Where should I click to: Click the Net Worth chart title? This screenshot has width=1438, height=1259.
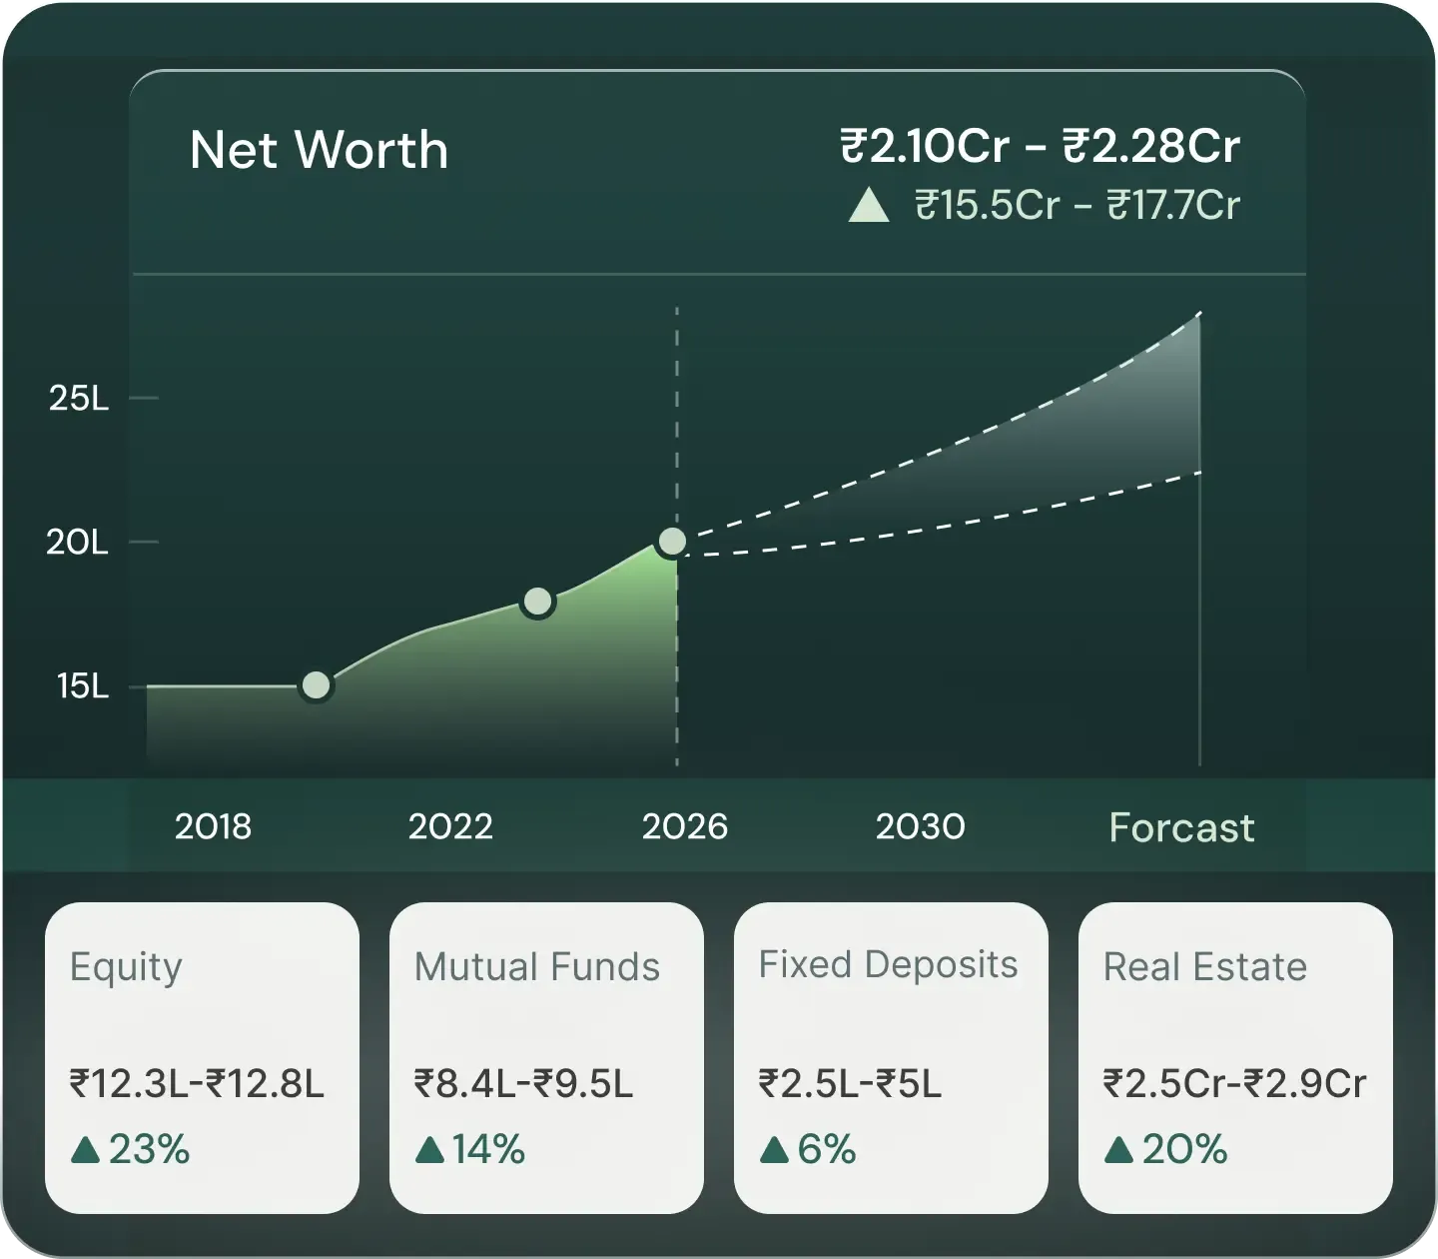[x=319, y=151]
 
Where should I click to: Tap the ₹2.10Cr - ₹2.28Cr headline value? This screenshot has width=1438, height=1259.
[x=1040, y=147]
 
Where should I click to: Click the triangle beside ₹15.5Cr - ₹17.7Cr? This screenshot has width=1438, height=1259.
[x=868, y=207]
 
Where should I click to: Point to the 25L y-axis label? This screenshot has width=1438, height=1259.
[x=79, y=399]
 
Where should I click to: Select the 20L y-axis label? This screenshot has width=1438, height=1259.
[x=77, y=543]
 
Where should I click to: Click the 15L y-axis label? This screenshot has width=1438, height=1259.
[x=82, y=686]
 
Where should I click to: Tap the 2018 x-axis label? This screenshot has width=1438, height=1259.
[x=213, y=827]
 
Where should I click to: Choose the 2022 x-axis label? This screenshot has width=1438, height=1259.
[x=450, y=827]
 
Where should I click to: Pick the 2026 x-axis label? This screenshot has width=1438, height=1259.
[x=684, y=827]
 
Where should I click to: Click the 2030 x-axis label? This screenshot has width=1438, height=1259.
[x=920, y=827]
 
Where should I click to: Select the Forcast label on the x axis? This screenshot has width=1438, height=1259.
[x=1181, y=828]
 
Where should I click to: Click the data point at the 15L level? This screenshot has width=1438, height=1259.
[x=316, y=685]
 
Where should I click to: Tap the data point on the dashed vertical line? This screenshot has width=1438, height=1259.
[x=673, y=542]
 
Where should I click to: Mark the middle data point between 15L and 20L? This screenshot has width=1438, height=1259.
[x=537, y=602]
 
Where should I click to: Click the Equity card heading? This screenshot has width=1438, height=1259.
[x=126, y=967]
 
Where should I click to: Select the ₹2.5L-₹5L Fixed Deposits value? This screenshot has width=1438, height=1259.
[x=850, y=1084]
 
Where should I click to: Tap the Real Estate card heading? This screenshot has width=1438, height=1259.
[x=1204, y=967]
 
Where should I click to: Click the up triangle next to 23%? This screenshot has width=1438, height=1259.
[x=86, y=1150]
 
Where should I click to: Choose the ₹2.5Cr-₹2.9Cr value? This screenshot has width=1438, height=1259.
[x=1234, y=1084]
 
